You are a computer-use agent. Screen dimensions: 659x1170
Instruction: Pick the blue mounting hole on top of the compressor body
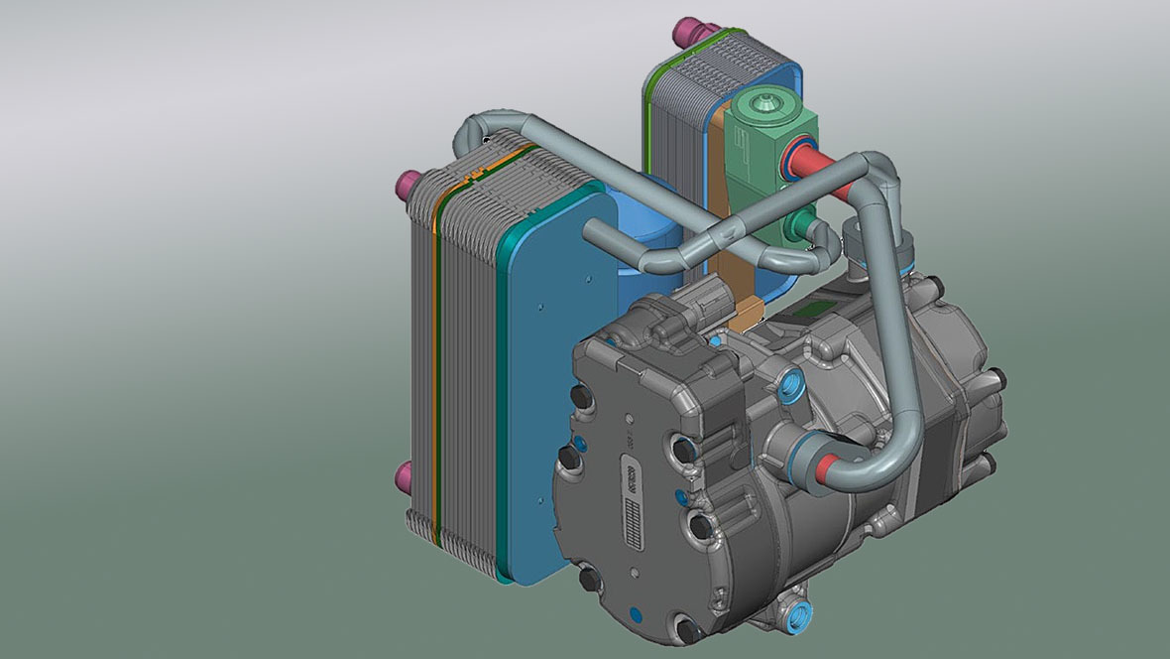pos(794,382)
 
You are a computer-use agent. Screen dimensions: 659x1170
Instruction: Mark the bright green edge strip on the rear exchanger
pos(648,109)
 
